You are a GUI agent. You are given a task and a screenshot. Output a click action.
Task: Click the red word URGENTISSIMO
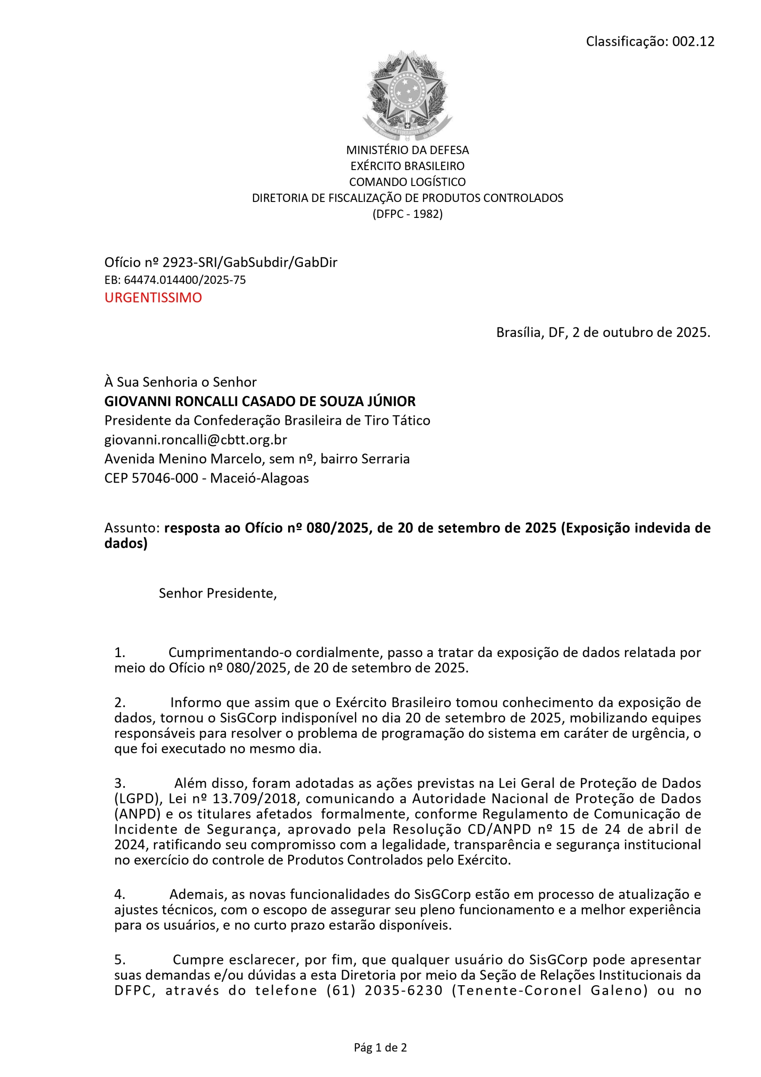153,297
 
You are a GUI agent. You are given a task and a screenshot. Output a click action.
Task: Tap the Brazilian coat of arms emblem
407,95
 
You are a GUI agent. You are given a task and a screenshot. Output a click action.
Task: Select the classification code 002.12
693,41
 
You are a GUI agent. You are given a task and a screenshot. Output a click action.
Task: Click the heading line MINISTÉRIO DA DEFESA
407,150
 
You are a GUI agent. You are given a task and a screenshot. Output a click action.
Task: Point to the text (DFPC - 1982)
407,214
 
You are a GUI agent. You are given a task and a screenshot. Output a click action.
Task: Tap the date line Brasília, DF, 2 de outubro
603,333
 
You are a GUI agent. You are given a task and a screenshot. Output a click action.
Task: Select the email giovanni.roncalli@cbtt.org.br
196,440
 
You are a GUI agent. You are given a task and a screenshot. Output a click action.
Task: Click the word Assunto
131,528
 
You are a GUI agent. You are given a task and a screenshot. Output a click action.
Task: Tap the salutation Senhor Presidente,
217,593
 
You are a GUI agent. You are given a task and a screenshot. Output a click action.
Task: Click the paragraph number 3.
119,783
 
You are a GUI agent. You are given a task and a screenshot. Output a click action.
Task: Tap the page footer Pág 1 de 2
380,1048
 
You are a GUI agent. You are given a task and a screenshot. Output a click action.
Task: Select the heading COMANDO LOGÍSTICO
407,182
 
